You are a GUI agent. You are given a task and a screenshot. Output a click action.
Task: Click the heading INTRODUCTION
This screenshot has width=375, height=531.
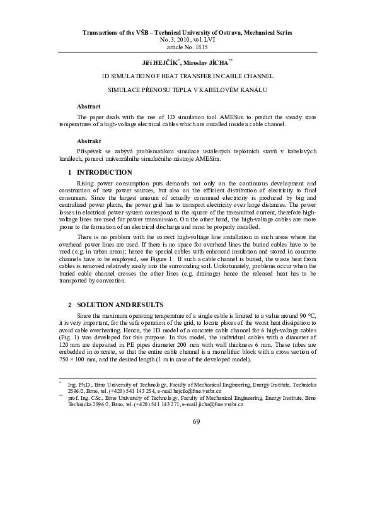click(104, 172)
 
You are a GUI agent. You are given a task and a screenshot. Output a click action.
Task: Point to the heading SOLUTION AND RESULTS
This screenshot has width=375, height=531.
click(119, 305)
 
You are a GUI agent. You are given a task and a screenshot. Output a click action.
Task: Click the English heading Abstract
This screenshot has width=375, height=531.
click(88, 106)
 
